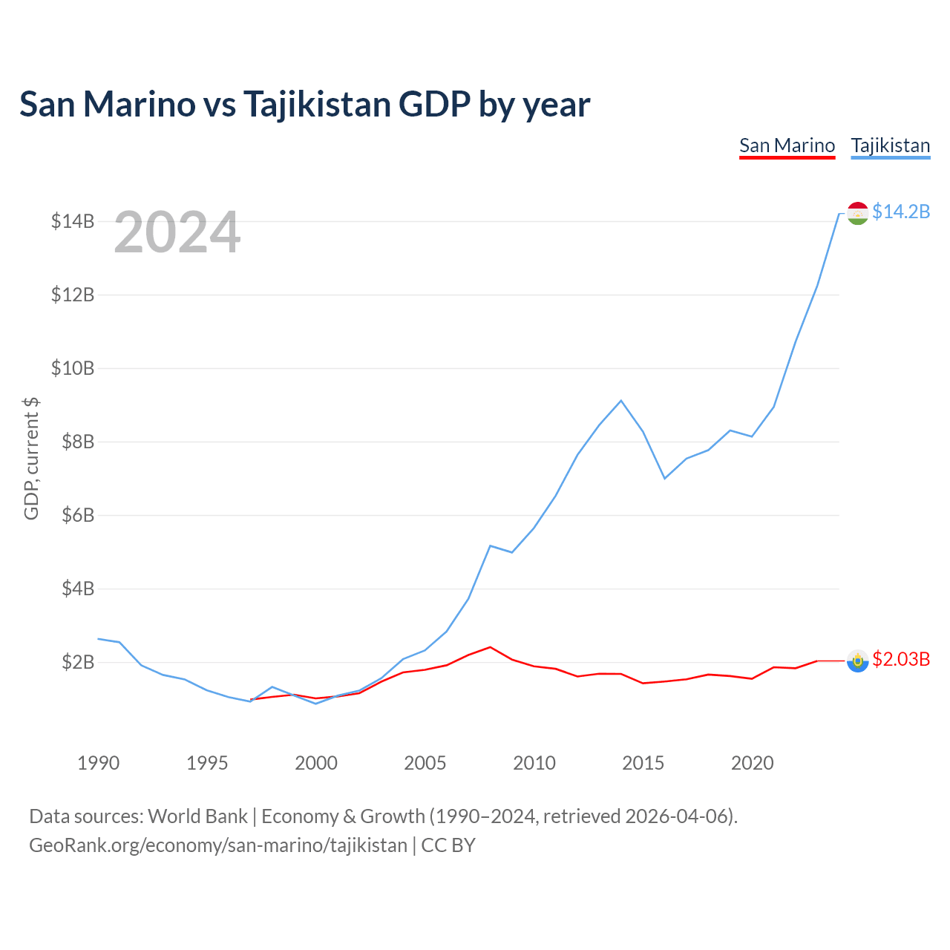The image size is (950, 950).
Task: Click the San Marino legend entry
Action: (787, 145)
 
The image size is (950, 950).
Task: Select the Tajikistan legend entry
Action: (890, 145)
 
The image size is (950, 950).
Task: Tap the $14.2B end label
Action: (900, 212)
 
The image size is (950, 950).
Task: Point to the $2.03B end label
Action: (900, 659)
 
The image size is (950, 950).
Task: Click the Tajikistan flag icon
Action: (857, 213)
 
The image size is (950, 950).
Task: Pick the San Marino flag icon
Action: (857, 661)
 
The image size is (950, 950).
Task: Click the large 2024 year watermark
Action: (177, 232)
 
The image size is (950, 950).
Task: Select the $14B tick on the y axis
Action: (73, 221)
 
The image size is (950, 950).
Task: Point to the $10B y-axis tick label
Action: (73, 368)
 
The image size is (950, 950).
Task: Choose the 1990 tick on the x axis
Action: (98, 763)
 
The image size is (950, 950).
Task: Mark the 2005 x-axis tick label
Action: (425, 763)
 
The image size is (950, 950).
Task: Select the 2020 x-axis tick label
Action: (752, 763)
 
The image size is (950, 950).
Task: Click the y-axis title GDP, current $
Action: (31, 459)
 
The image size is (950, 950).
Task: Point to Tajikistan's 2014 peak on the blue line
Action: (621, 401)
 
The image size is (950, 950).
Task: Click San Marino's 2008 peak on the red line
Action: (490, 647)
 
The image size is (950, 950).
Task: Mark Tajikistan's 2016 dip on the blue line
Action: (664, 478)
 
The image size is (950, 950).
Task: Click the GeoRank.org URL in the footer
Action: (218, 845)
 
